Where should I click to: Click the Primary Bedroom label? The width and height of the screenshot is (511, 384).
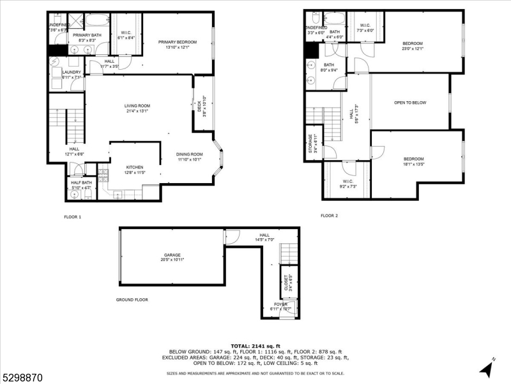[x=178, y=42]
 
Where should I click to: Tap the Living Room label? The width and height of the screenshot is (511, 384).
[x=137, y=106]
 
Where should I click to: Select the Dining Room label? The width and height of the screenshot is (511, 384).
[x=189, y=154]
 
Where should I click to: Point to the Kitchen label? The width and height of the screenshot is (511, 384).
[x=135, y=167]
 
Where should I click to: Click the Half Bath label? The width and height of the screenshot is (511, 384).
[x=81, y=183]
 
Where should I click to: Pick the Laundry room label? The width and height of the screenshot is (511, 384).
[x=72, y=72]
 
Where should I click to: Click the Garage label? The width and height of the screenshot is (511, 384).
[x=171, y=255]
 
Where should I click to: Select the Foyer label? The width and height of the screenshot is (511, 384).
[x=281, y=305]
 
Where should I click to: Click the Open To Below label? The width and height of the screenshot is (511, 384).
[x=409, y=102]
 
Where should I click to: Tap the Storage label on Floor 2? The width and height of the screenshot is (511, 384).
[x=311, y=143]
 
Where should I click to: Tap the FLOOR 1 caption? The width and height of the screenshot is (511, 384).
[x=73, y=216]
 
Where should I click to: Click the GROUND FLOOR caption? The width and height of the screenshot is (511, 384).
[x=132, y=300]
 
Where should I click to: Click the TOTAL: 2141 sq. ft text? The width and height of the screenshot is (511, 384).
[x=255, y=345]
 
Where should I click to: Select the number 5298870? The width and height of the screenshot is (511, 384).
[x=22, y=378]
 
